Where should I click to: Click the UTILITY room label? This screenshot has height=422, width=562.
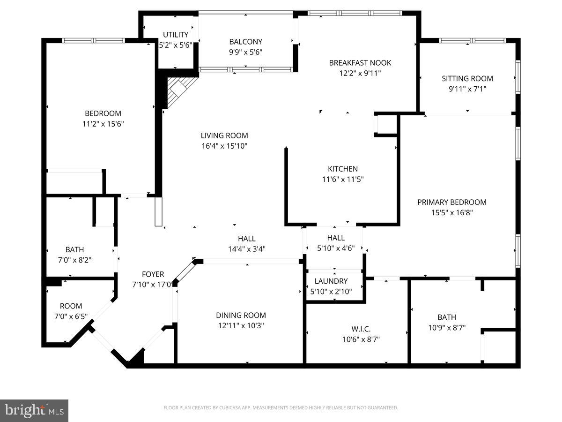(176, 35)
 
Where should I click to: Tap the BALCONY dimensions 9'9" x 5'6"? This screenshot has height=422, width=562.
(246, 52)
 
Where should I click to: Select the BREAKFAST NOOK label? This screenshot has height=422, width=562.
(360, 63)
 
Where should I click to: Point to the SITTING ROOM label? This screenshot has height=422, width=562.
(467, 78)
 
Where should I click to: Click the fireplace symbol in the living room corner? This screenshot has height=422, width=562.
(180, 91)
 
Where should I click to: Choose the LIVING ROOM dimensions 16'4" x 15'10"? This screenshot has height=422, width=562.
(224, 146)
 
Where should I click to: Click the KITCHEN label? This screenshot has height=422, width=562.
(343, 169)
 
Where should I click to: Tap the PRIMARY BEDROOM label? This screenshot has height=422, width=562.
(452, 202)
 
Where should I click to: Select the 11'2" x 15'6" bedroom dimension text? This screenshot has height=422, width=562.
(103, 124)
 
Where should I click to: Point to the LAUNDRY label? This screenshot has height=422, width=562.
(331, 281)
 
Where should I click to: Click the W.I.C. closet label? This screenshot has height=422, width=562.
(361, 329)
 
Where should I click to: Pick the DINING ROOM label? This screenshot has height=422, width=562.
(241, 315)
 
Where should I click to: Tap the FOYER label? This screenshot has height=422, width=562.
(153, 274)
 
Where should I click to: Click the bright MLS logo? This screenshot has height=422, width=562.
(34, 410)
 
